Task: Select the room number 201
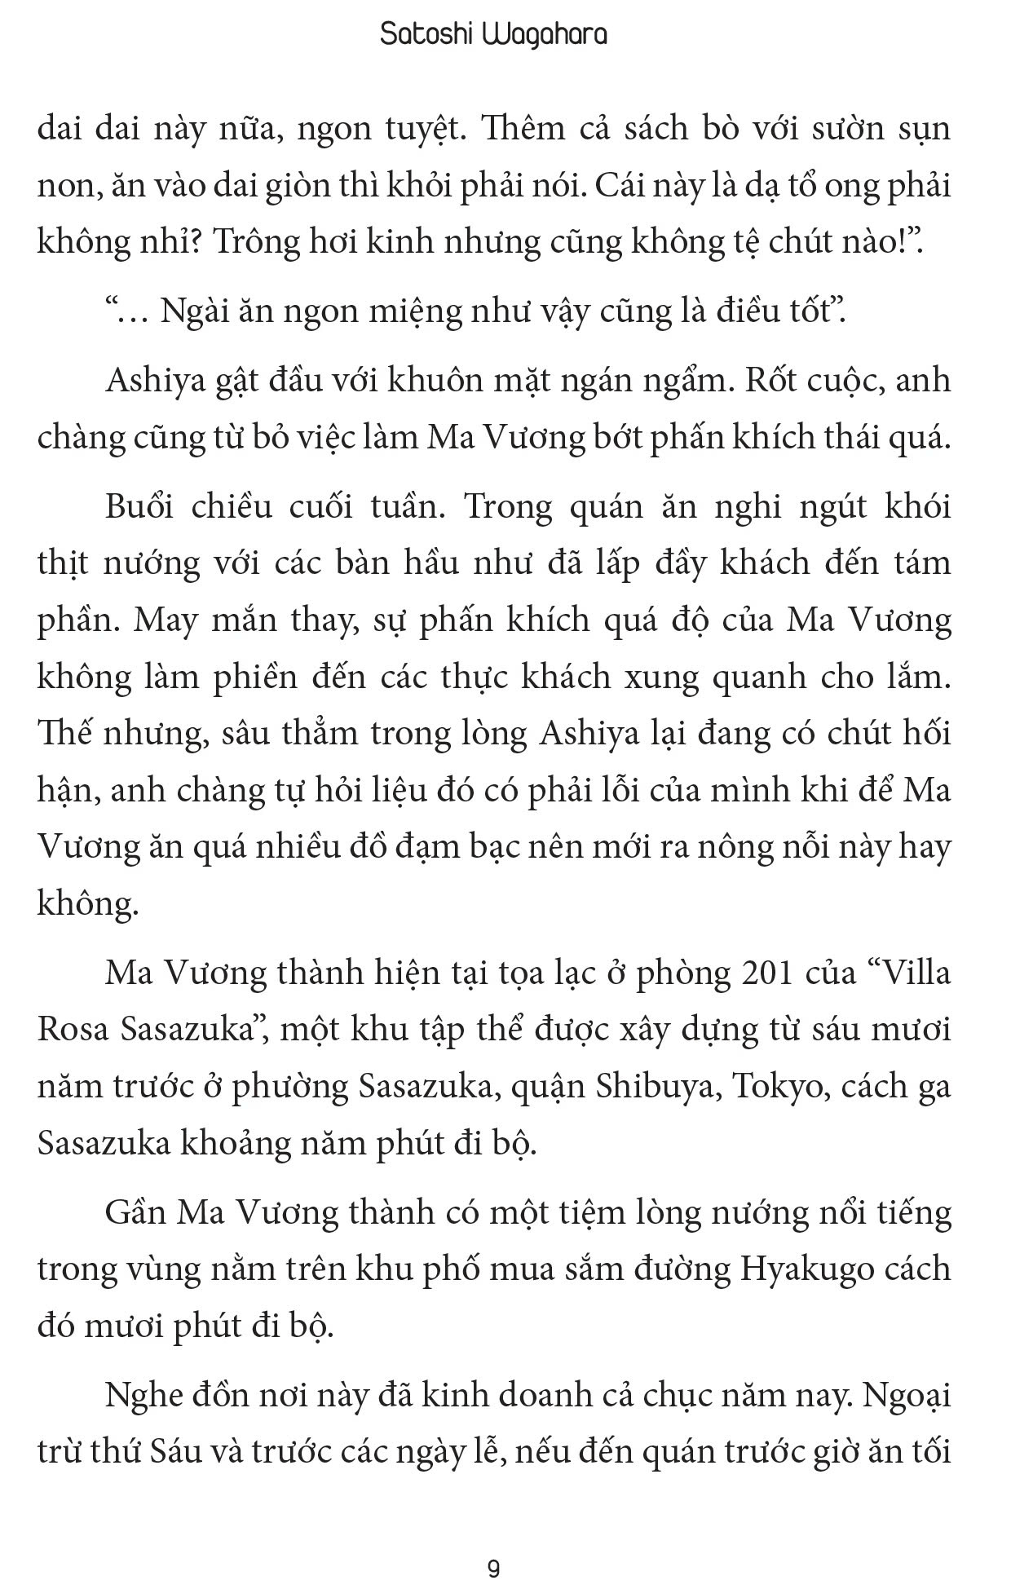tap(767, 973)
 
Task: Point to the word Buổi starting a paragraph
tap(139, 507)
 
